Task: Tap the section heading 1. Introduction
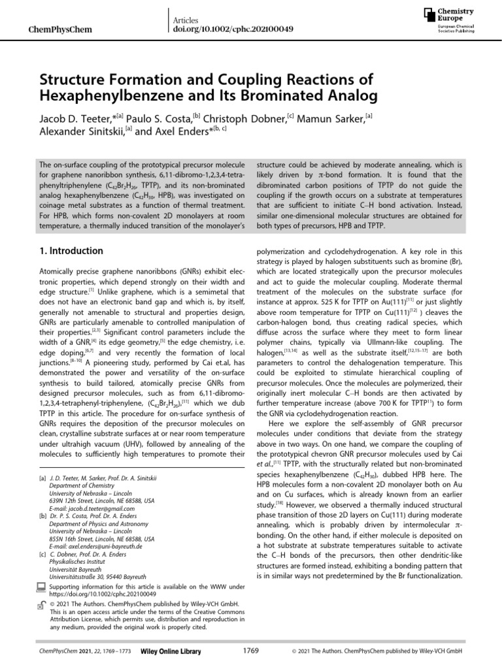[x=71, y=251]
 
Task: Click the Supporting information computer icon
[x=44, y=589]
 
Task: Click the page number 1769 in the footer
[x=250, y=651]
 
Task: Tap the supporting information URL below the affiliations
[x=103, y=595]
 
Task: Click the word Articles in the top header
[x=186, y=21]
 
